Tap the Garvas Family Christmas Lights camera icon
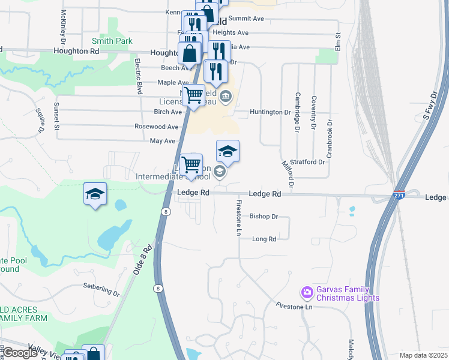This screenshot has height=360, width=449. [x=307, y=292]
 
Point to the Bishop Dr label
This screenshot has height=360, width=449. [x=264, y=216]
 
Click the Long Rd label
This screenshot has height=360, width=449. [x=264, y=239]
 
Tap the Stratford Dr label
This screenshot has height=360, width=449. [x=307, y=162]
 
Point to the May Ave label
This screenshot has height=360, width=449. [x=162, y=141]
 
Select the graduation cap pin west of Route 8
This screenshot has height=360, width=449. [x=95, y=194]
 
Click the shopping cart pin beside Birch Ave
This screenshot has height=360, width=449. [x=193, y=95]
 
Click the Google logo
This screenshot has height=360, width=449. [x=20, y=353]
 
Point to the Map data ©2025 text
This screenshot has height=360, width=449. [x=423, y=355]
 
